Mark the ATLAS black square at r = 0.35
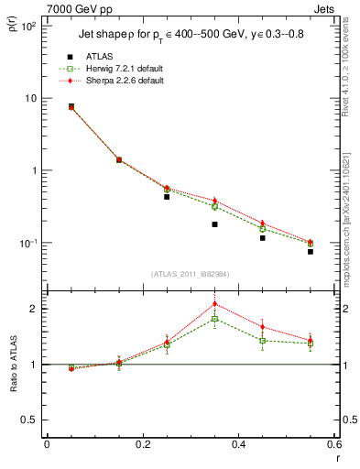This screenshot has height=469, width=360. tap(214, 224)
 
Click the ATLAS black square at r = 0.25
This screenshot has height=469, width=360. tap(167, 196)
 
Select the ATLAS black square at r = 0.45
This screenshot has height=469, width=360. tap(262, 238)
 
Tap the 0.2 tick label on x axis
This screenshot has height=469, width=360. tap(142, 446)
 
